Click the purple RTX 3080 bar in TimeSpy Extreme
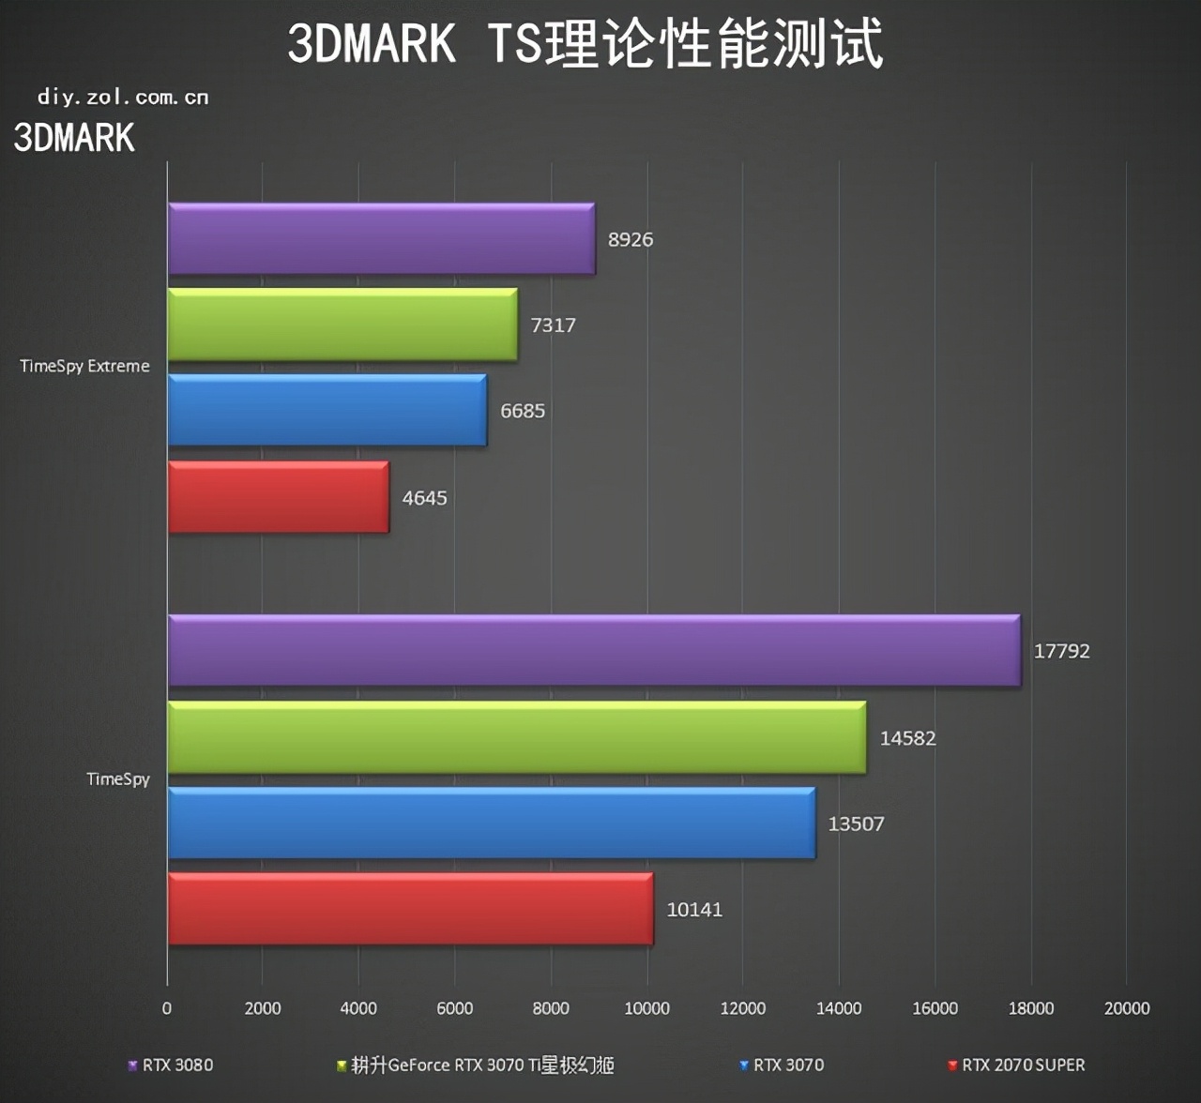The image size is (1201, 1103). click(x=381, y=238)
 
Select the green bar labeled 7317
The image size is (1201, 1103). click(x=342, y=325)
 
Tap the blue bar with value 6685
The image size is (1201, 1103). click(x=327, y=410)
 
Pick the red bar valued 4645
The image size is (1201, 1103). click(x=279, y=497)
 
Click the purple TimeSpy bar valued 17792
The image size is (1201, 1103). click(x=594, y=650)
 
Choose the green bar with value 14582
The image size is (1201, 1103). click(x=517, y=737)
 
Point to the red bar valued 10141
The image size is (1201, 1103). click(x=410, y=909)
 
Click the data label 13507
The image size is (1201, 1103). click(x=856, y=823)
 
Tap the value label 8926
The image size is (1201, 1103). click(x=630, y=239)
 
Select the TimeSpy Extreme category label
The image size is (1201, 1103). click(x=84, y=366)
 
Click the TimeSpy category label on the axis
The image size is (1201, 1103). click(x=117, y=778)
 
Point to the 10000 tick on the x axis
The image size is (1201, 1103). click(x=646, y=1008)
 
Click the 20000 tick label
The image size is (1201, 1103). click(x=1126, y=1008)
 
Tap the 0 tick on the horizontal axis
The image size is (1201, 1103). click(x=167, y=1008)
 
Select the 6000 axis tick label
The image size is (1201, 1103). click(x=454, y=1008)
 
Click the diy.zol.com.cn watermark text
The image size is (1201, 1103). click(x=123, y=97)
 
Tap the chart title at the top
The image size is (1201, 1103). click(x=585, y=43)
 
